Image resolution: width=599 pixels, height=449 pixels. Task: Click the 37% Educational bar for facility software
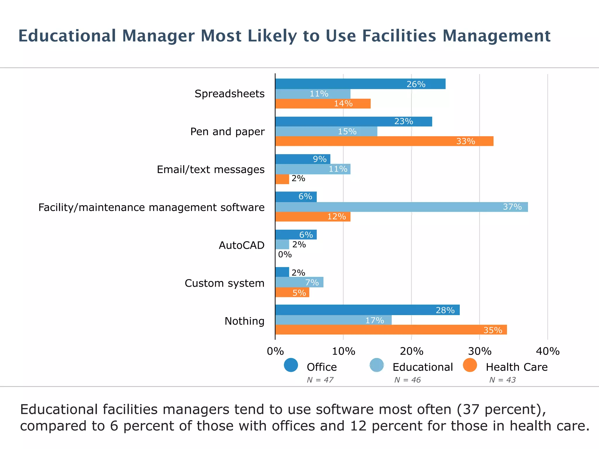401,207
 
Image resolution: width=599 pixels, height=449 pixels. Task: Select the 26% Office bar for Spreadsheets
360,84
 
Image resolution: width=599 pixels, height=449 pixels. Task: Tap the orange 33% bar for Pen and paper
384,141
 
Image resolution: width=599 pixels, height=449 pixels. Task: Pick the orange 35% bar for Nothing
391,330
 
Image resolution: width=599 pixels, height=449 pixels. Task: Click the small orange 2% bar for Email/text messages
282,179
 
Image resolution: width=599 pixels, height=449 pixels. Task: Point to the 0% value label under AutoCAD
285,255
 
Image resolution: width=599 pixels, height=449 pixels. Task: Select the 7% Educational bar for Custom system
299,282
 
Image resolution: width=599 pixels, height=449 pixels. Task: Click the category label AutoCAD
241,245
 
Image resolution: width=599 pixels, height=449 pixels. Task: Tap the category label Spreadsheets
229,94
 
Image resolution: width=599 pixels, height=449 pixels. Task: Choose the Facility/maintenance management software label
151,207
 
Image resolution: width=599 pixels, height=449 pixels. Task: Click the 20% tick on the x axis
411,351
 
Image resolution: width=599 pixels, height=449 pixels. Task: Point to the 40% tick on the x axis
548,351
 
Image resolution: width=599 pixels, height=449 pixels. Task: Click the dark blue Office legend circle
291,365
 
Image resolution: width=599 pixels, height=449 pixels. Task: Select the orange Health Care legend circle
470,365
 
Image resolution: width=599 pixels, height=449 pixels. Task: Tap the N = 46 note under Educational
407,380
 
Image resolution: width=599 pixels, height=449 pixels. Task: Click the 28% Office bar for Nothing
367,310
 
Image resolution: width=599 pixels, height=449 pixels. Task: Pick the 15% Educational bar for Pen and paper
326,132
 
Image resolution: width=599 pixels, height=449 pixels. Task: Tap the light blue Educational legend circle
376,365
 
